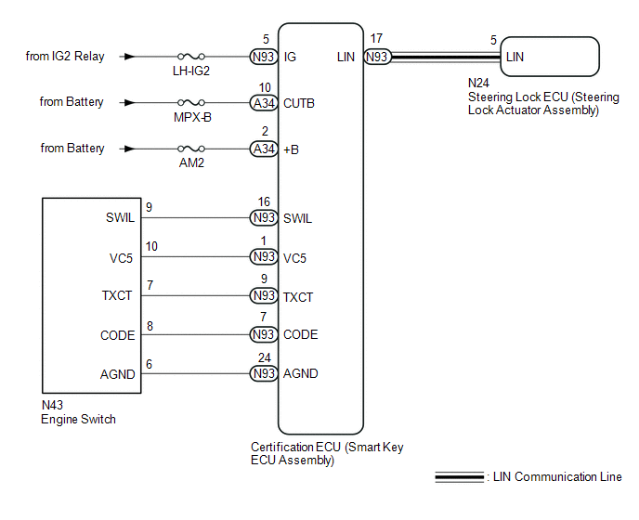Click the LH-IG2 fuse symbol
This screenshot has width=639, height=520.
pos(191,57)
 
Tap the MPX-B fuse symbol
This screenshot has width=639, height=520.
pos(191,102)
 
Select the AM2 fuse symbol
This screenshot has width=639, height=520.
pos(191,149)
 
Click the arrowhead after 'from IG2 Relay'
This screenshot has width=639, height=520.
pos(129,57)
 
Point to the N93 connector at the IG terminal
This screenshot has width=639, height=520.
pos(264,57)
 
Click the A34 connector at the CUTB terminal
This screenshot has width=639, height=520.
pos(264,103)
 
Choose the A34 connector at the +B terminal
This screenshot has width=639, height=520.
pos(264,149)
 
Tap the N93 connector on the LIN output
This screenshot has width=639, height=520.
pos(377,57)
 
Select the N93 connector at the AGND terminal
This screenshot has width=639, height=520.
pos(264,373)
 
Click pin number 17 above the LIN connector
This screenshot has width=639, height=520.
pos(376,38)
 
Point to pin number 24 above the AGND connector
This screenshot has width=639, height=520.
pos(264,357)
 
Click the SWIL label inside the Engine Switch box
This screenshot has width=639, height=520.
pos(120,217)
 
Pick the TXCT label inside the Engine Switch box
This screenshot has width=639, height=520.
pos(117,295)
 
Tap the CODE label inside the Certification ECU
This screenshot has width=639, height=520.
pos(300,334)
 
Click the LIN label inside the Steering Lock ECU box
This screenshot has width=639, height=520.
pos(515,57)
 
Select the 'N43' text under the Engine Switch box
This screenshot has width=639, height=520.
pos(53,405)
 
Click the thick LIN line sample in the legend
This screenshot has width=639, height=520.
pos(459,476)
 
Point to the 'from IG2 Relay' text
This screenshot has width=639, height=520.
pos(65,57)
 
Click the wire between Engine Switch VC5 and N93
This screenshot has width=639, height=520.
pos(195,256)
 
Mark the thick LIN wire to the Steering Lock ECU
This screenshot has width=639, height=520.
pos(446,57)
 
